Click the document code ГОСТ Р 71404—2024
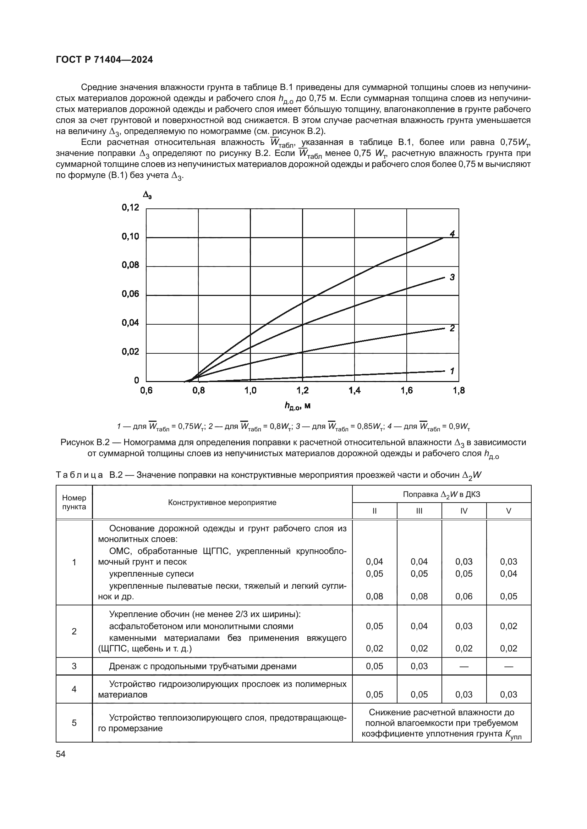(x=104, y=60)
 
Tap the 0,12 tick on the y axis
(x=130, y=207)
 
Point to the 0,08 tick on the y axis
(x=130, y=265)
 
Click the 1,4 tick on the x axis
(x=354, y=391)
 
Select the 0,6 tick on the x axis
(x=146, y=391)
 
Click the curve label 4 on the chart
(x=452, y=234)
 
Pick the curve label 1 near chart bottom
(x=452, y=371)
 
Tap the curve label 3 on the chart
(x=452, y=277)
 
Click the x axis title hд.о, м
(x=297, y=407)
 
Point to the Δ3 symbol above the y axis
(x=147, y=195)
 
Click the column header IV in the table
(x=464, y=511)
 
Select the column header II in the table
(x=374, y=511)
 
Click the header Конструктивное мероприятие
(x=222, y=502)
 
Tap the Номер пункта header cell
(x=74, y=502)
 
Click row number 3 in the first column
(x=74, y=666)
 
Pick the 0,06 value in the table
(x=464, y=596)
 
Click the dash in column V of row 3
(x=509, y=667)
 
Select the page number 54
(x=61, y=754)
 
